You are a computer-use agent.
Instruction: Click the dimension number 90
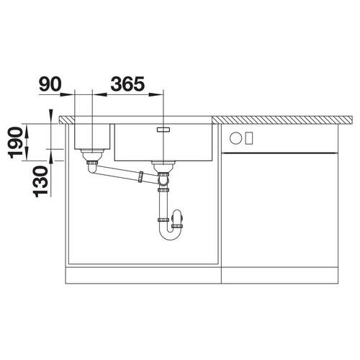pyautogui.click(x=50, y=84)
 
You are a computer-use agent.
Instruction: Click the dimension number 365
pyautogui.click(x=127, y=84)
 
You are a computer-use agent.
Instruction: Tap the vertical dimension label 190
pyautogui.click(x=15, y=143)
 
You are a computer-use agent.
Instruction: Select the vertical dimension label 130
pyautogui.click(x=41, y=181)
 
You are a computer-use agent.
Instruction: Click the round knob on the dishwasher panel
pyautogui.click(x=235, y=138)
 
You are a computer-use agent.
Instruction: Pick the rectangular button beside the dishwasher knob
pyautogui.click(x=249, y=138)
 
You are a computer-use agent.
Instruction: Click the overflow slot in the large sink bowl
pyautogui.click(x=163, y=130)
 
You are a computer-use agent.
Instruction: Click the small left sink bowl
pyautogui.click(x=92, y=136)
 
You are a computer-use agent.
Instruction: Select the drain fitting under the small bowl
pyautogui.click(x=92, y=156)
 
